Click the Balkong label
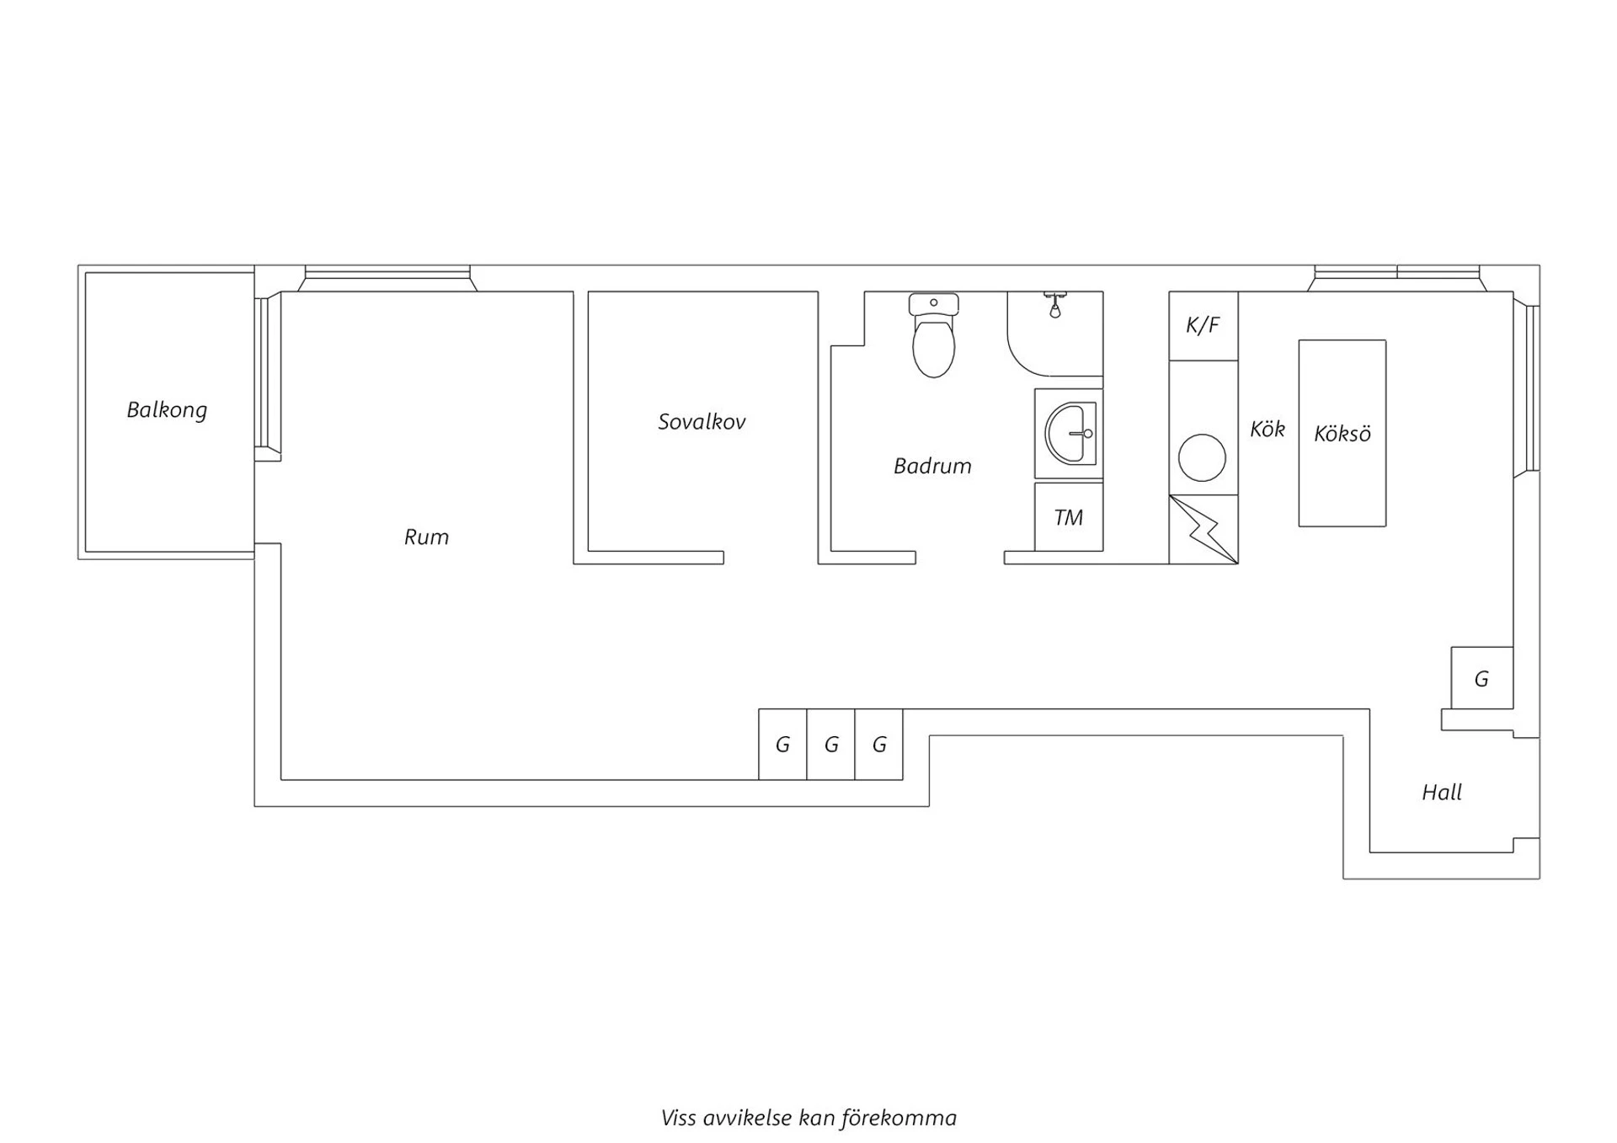coord(167,410)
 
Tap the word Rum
coord(426,537)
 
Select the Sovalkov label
coord(702,422)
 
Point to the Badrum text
coord(932,466)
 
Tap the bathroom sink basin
coord(1070,433)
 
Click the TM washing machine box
coord(1069,517)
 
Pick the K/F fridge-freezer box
coord(1203,325)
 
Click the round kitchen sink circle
coord(1202,457)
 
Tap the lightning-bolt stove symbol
coord(1203,529)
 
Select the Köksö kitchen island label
coord(1342,434)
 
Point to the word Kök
coord(1267,430)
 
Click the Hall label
coord(1442,793)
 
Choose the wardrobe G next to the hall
coord(1481,679)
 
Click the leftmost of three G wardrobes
coord(782,745)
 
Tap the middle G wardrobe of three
coord(831,745)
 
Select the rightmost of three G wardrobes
coord(879,745)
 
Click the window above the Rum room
coord(387,274)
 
